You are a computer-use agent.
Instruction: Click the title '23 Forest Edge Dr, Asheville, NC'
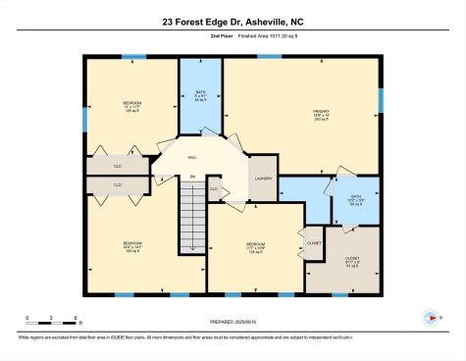pyautogui.click(x=233, y=20)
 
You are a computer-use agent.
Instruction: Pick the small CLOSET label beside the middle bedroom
pyautogui.click(x=314, y=241)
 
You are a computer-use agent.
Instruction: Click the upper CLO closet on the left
pyautogui.click(x=117, y=167)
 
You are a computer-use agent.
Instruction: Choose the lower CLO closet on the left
pyautogui.click(x=117, y=184)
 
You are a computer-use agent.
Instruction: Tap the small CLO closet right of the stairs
pyautogui.click(x=213, y=188)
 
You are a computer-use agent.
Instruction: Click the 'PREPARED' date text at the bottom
pyautogui.click(x=233, y=321)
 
